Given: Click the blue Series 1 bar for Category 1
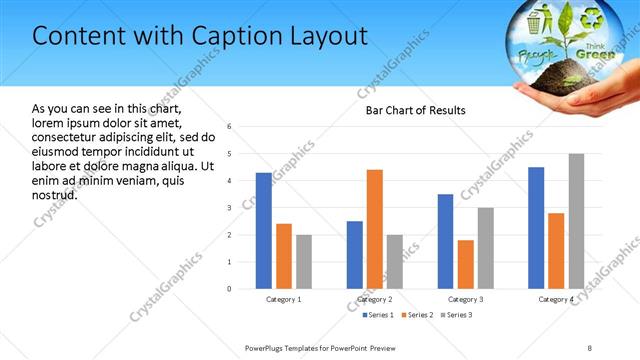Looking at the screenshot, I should (x=263, y=231).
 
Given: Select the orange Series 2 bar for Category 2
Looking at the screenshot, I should (x=375, y=229).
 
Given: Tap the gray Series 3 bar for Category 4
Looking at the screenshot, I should (x=576, y=221).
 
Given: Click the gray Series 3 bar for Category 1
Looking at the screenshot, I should (x=303, y=262).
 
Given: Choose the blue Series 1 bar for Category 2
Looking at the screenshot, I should (x=355, y=255).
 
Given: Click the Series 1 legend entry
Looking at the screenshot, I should (x=380, y=315).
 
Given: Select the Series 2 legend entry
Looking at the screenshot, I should (x=419, y=315).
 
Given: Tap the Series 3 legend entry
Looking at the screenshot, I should (x=456, y=315).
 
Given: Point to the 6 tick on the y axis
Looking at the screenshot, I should (x=230, y=127).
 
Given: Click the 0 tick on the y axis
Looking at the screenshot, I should (x=230, y=289).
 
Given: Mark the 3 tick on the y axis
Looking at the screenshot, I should (x=230, y=208).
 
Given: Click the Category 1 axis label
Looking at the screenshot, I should (x=284, y=299).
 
